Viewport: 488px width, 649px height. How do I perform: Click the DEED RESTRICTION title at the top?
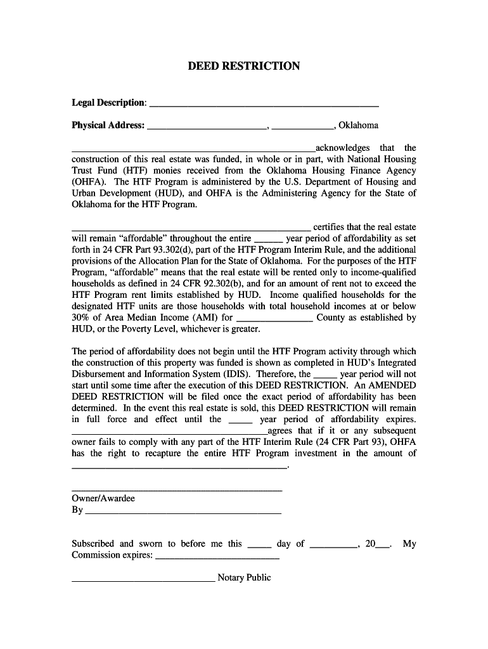(x=244, y=67)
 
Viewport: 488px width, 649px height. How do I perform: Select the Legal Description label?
(x=108, y=103)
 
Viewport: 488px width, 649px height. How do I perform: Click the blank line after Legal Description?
(x=263, y=104)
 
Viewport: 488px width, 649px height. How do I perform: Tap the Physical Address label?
(x=108, y=125)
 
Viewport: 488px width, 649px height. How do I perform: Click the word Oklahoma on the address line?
(x=359, y=125)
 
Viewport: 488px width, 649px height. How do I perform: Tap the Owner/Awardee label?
(x=103, y=499)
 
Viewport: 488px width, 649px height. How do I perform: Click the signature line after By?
(x=183, y=511)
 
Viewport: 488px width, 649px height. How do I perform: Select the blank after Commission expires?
(x=217, y=556)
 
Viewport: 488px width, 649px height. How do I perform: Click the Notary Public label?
(x=244, y=578)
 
